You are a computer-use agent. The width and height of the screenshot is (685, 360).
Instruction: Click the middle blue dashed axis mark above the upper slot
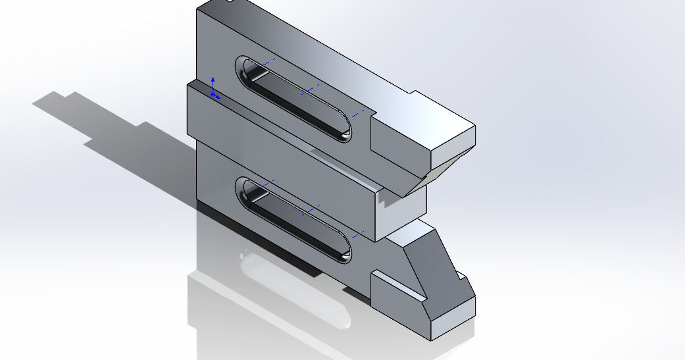pyautogui.click(x=311, y=89)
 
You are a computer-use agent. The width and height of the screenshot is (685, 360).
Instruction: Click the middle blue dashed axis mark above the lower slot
pyautogui.click(x=311, y=210)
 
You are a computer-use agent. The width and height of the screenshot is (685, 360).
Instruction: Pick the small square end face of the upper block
pyautogui.click(x=452, y=149)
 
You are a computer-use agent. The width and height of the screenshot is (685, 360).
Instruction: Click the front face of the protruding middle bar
pyautogui.click(x=283, y=165)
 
